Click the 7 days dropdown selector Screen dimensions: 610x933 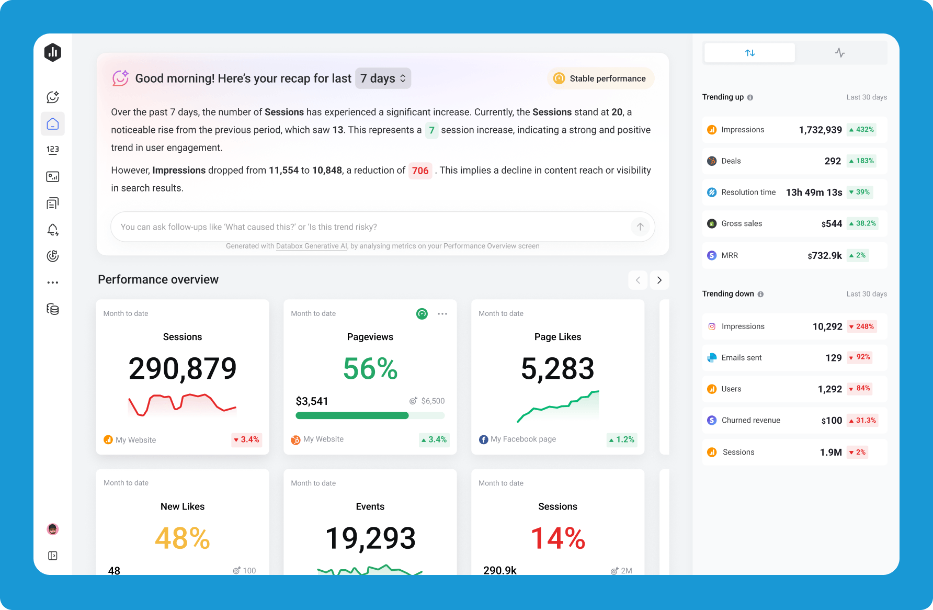(x=383, y=78)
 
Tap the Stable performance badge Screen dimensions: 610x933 (x=601, y=78)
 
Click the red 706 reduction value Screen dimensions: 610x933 (x=420, y=171)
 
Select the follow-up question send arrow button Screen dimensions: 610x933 (x=640, y=227)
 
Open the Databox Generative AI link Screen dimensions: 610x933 (x=311, y=246)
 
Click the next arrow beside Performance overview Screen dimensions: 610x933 (x=659, y=280)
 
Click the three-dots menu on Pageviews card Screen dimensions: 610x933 (x=442, y=314)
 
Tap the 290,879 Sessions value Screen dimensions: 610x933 (x=183, y=368)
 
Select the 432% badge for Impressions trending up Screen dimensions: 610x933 (x=861, y=130)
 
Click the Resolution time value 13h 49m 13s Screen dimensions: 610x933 (x=814, y=193)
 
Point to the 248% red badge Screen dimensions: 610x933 (x=861, y=326)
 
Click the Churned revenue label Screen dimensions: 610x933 (x=750, y=420)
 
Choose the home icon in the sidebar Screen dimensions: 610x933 (x=53, y=124)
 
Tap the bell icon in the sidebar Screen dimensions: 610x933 (x=53, y=230)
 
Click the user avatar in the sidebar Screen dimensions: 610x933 (x=53, y=529)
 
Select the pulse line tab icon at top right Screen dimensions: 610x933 (x=840, y=53)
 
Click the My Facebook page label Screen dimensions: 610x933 (x=523, y=439)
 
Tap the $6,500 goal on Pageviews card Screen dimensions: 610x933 (x=433, y=401)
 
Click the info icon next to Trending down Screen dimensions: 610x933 (x=760, y=294)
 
